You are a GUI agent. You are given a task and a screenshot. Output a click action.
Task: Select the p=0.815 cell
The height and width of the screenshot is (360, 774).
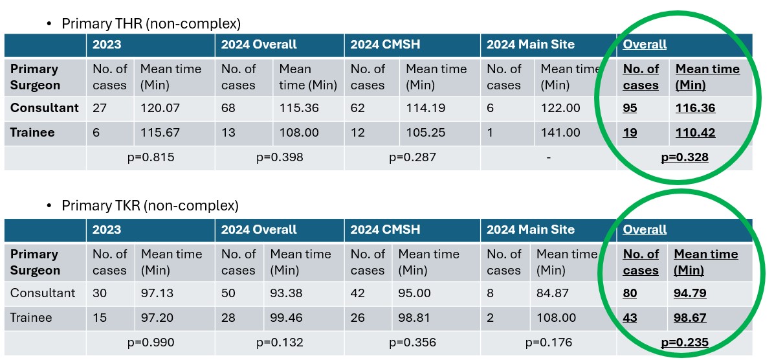(x=150, y=157)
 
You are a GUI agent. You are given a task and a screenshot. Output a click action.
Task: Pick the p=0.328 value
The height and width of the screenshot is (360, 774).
(x=684, y=157)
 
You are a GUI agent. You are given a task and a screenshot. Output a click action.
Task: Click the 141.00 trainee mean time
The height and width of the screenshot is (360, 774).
(x=561, y=133)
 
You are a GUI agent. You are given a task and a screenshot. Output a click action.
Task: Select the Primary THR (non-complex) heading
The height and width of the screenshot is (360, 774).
(x=151, y=24)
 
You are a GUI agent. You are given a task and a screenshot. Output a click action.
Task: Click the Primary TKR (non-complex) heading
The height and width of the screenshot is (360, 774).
(x=150, y=206)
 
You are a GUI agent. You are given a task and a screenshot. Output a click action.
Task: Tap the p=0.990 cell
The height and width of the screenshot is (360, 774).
(x=150, y=343)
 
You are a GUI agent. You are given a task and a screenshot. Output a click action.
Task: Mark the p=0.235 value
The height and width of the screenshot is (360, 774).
(x=684, y=343)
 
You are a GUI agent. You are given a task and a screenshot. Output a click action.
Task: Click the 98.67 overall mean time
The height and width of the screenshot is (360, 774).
(x=690, y=318)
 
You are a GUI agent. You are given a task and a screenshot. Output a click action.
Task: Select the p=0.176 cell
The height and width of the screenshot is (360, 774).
(x=548, y=343)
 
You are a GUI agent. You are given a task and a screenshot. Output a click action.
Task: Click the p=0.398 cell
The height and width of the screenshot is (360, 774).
(x=279, y=157)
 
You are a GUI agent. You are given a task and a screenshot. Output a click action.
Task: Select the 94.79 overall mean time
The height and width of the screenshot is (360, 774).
(x=690, y=293)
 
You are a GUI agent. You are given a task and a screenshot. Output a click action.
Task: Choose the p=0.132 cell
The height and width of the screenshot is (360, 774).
(x=279, y=343)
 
